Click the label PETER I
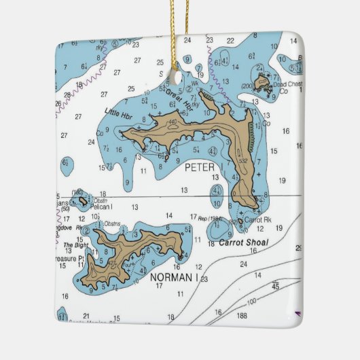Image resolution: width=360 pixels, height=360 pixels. tap(202, 166)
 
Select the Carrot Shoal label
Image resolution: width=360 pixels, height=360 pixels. tap(243, 242)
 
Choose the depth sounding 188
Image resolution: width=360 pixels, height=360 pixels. tap(241, 314)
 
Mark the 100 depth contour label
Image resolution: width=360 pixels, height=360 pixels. tap(251, 301)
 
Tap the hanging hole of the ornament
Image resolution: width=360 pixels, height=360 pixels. tap(179, 76)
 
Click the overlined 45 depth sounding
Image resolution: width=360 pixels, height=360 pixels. tap(275, 286)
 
